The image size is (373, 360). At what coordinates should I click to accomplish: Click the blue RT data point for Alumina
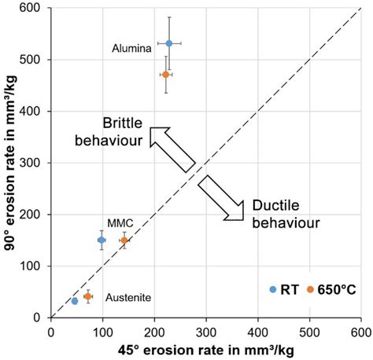169,43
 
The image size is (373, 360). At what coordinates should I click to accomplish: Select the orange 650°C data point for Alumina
165,75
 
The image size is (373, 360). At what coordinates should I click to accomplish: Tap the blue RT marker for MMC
102,240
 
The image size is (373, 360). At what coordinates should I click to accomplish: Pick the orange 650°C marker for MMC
124,240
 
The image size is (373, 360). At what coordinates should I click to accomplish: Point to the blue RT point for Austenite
75,300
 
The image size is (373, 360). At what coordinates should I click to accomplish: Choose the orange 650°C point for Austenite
88,296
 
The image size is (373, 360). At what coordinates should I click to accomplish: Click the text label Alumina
132,49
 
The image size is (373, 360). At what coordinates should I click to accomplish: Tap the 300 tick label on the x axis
206,330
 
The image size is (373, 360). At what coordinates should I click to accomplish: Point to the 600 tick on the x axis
361,330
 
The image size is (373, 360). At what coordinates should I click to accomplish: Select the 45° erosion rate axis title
206,348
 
